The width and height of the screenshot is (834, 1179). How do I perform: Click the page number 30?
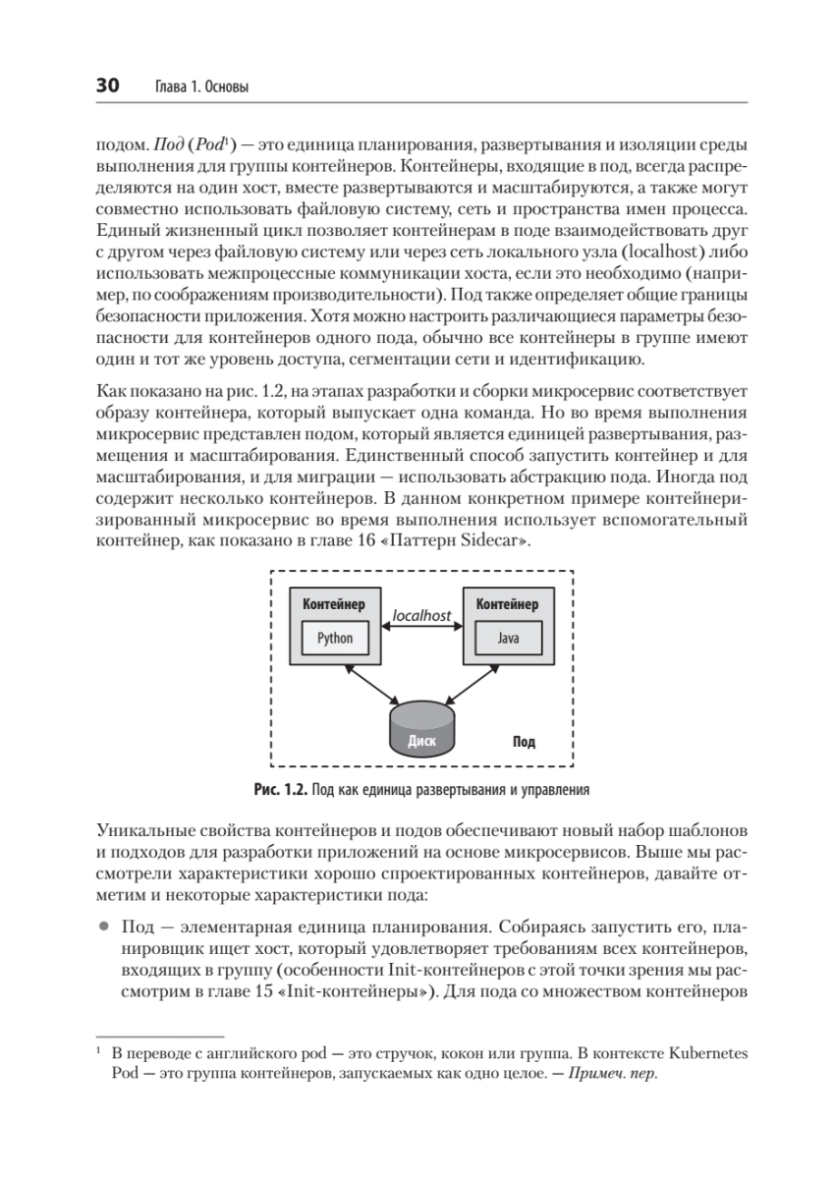(x=106, y=87)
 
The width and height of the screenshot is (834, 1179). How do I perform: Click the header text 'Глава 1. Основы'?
(x=200, y=88)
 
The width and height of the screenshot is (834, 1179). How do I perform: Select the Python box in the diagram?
(x=334, y=639)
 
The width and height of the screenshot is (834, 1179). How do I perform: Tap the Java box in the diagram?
(x=508, y=639)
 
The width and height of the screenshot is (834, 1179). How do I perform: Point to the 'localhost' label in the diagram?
(x=420, y=616)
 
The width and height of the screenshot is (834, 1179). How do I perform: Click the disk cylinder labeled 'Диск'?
(x=421, y=729)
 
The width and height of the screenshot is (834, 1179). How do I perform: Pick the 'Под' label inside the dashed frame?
(x=524, y=742)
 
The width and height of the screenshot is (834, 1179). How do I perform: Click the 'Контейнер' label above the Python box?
(x=333, y=604)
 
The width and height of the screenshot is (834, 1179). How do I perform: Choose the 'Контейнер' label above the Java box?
(x=507, y=604)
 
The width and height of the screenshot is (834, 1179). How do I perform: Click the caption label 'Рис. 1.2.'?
(x=281, y=789)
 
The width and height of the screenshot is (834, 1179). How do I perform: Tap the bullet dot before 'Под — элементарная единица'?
(x=103, y=926)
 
